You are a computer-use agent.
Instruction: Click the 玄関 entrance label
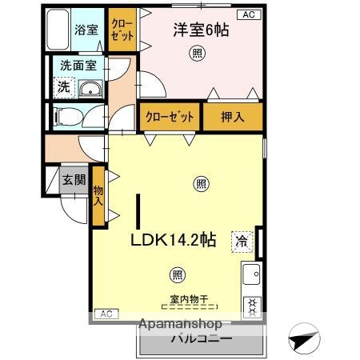[x=74, y=181]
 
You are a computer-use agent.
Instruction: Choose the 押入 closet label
[x=233, y=116]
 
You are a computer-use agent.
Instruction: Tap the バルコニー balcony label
[x=200, y=338]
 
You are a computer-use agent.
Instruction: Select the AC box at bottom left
[x=106, y=313]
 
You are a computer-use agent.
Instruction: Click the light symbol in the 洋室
[x=196, y=54]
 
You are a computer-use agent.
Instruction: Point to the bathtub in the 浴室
[x=57, y=31]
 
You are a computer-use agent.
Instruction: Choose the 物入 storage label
[x=98, y=195]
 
